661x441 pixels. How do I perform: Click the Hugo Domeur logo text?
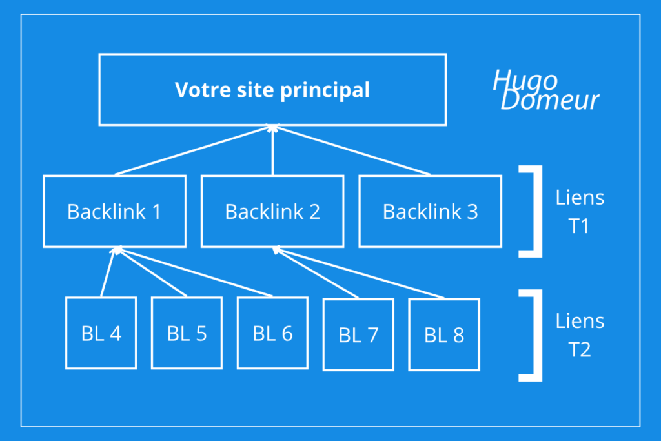(546, 90)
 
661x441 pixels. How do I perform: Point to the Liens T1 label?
(580, 212)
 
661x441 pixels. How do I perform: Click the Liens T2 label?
(580, 335)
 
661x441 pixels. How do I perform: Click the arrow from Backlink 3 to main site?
(352, 150)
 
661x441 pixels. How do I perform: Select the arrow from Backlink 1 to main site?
(194, 150)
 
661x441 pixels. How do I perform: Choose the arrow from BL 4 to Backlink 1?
(108, 272)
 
